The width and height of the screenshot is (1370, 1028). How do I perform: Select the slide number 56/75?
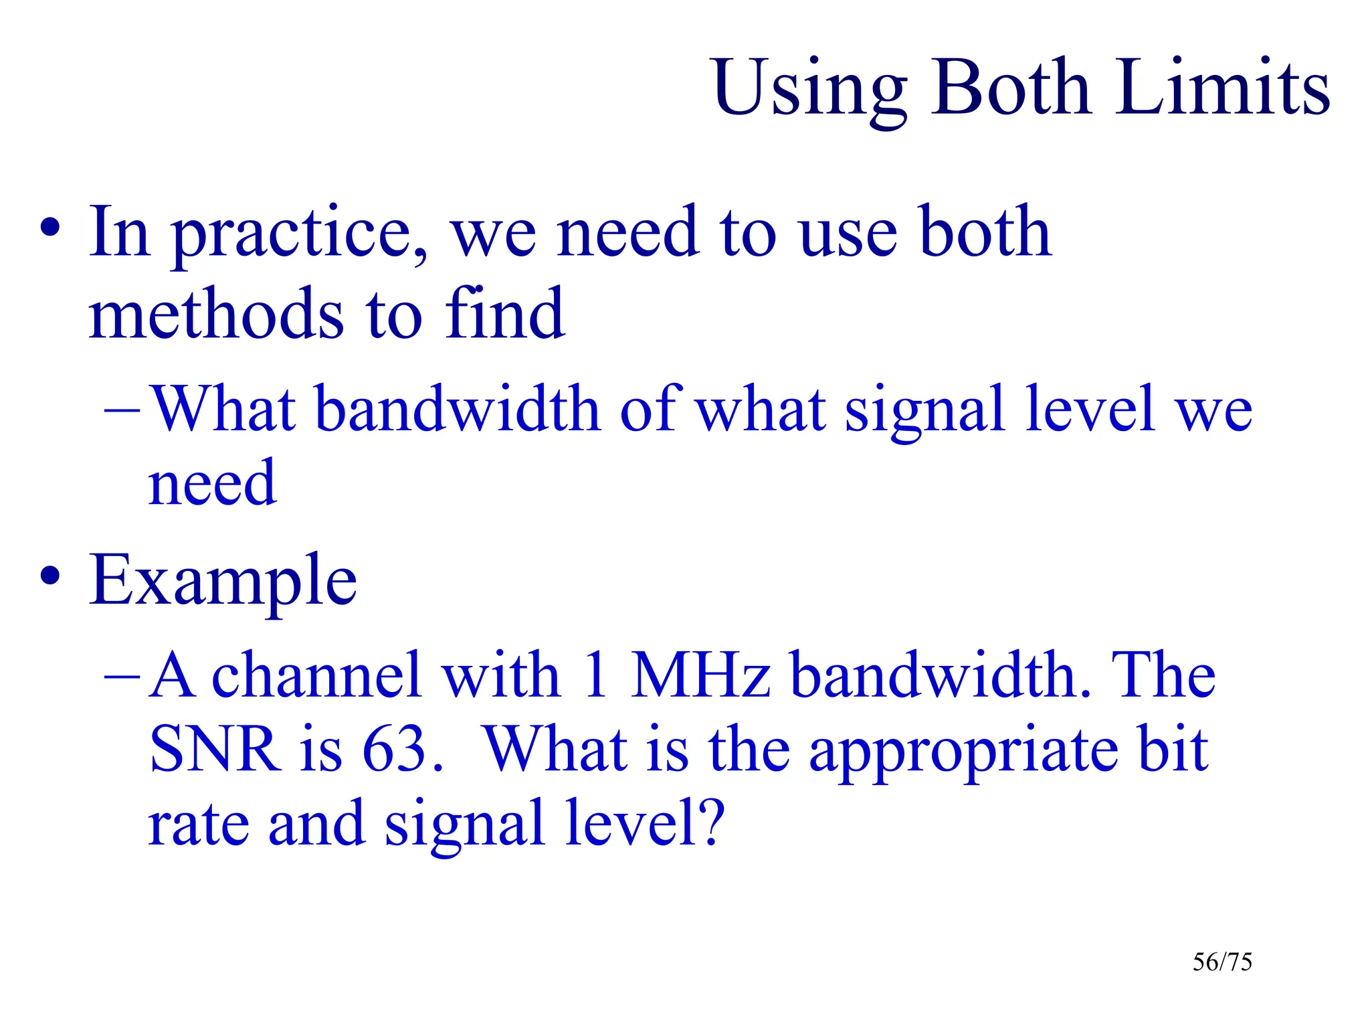[x=1221, y=962]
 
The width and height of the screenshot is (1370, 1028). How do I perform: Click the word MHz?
[x=700, y=675]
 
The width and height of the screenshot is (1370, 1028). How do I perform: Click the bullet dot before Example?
[x=50, y=575]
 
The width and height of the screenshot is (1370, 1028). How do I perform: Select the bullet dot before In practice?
[x=50, y=228]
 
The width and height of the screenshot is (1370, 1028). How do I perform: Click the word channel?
[x=318, y=675]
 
